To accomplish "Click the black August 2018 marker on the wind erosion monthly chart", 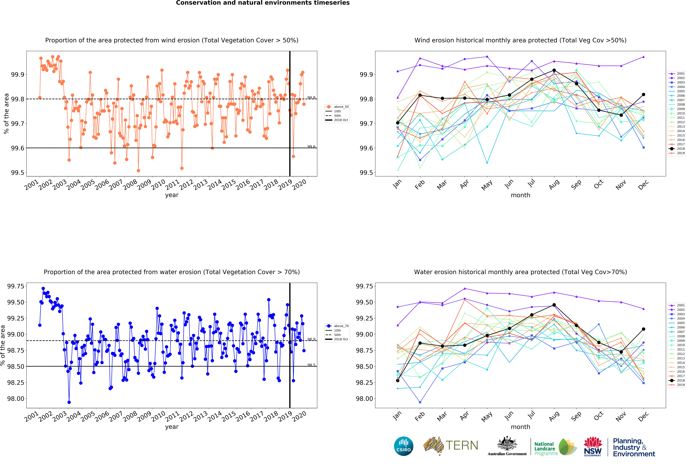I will click(x=554, y=70).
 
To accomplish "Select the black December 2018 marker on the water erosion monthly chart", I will click(x=643, y=329).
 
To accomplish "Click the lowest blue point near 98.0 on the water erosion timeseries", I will click(x=69, y=402).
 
